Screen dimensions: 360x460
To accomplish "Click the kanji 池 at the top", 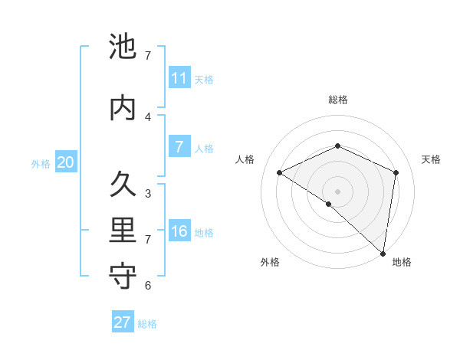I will (x=123, y=47).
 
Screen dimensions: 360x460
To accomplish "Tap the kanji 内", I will (x=123, y=107).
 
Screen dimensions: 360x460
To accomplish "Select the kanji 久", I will (x=123, y=185).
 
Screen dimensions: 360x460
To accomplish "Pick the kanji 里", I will (x=123, y=231).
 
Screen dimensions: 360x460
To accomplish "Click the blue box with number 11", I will (x=179, y=78).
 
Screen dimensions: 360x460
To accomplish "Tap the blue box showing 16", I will (x=179, y=231).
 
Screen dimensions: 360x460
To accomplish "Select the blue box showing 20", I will (x=66, y=162).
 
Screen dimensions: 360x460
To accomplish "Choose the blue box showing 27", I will (x=123, y=322).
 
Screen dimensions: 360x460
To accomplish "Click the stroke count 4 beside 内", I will (x=148, y=116).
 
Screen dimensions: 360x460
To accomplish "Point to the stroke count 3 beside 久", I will (x=148, y=194).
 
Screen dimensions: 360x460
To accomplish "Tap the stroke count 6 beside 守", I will (x=148, y=286).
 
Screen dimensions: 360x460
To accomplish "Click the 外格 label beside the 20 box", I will (x=41, y=163).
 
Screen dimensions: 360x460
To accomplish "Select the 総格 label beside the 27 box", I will (x=147, y=324).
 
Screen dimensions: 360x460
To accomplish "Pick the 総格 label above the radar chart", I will (x=337, y=100).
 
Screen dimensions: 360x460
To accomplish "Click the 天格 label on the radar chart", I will (x=431, y=159).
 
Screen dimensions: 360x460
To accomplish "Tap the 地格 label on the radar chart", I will (x=402, y=262).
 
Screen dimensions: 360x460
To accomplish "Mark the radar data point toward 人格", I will (x=280, y=172).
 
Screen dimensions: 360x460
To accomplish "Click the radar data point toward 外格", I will (x=329, y=204).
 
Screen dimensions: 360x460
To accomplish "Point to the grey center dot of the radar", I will (x=337, y=191).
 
